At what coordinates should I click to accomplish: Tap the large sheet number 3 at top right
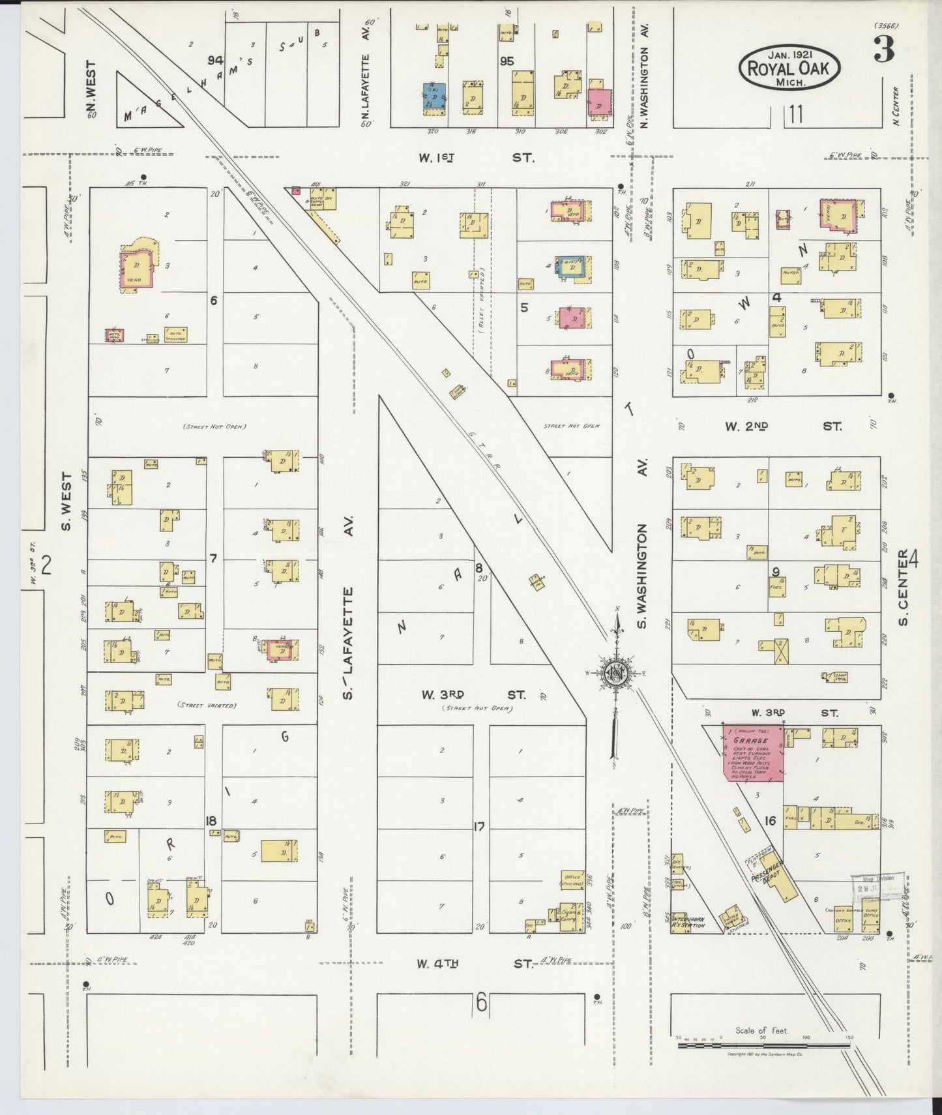883,51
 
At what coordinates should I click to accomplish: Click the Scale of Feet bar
763,1046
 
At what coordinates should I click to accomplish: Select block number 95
507,61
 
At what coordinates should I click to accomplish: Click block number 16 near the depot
769,821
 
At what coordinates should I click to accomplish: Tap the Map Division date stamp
877,887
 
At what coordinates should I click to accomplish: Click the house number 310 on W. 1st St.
520,132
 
